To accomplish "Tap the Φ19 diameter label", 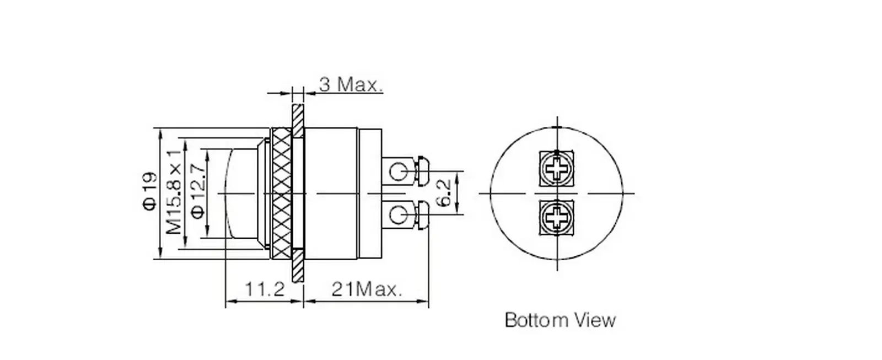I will tap(150, 191).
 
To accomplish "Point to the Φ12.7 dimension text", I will tap(198, 191).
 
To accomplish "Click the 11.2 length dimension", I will tap(264, 288).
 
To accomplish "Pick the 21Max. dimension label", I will tap(366, 288).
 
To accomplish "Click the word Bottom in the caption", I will tap(529, 320).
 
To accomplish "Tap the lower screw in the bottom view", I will tap(556, 216).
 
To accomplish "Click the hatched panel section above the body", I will tap(298, 121).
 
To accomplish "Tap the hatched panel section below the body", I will tap(298, 267).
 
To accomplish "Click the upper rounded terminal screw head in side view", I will tap(423, 171).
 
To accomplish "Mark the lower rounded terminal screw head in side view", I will tap(423, 216).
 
